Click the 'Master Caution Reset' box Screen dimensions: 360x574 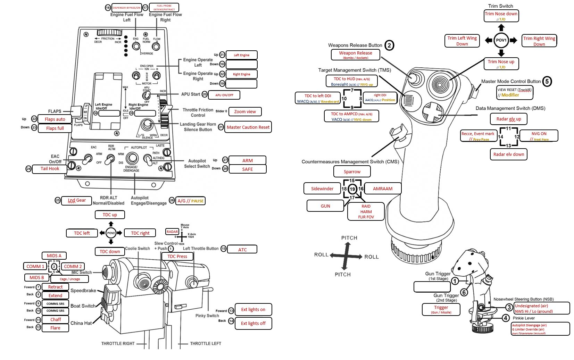click(x=248, y=127)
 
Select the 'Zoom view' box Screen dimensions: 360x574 click(x=245, y=111)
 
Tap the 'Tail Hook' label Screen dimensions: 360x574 click(x=50, y=169)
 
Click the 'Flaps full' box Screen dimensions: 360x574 click(x=55, y=128)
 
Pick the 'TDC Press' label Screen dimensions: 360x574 click(x=177, y=256)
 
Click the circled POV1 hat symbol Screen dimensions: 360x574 click(x=501, y=40)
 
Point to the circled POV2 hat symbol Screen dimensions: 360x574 click(x=111, y=233)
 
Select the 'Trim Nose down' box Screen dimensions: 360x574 click(x=501, y=15)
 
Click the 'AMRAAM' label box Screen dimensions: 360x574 click(x=383, y=189)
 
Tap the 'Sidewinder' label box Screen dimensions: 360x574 click(x=322, y=189)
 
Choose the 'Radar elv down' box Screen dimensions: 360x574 click(x=508, y=154)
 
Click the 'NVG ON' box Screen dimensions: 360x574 click(x=539, y=135)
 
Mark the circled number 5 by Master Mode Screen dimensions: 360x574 click(x=547, y=81)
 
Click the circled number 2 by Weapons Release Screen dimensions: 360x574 click(x=389, y=45)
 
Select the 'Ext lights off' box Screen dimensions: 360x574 click(x=253, y=323)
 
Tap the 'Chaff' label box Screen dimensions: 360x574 click(x=55, y=319)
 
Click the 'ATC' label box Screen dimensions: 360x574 click(x=242, y=249)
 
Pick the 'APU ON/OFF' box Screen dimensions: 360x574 click(x=224, y=95)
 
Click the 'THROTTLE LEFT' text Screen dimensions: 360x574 click(x=205, y=343)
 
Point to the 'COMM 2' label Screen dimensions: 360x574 click(x=73, y=266)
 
